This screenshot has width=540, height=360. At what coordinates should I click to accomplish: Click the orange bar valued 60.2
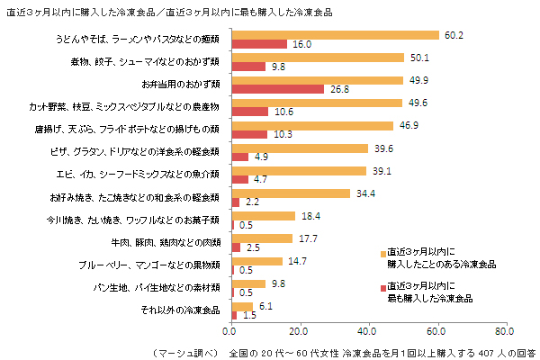click(x=335, y=35)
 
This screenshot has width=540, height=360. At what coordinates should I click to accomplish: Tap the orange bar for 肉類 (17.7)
click(x=262, y=238)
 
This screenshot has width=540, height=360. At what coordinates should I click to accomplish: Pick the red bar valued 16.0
click(x=259, y=44)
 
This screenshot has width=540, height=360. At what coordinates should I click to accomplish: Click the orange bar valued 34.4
click(x=291, y=193)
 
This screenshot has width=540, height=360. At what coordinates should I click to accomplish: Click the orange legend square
click(x=382, y=253)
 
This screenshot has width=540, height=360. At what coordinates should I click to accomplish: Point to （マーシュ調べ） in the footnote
click(x=184, y=350)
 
